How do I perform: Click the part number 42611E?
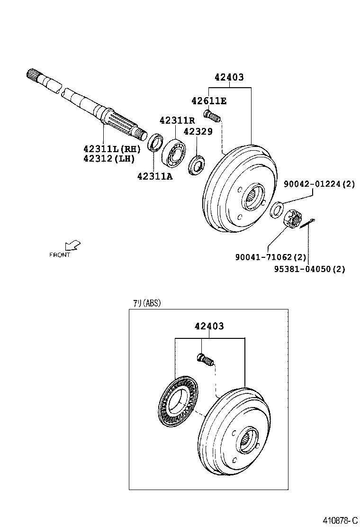[x=209, y=100]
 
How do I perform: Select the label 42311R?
[x=177, y=120]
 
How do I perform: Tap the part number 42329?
[x=198, y=132]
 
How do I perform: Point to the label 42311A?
[x=155, y=176]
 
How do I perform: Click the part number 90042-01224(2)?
[x=319, y=184]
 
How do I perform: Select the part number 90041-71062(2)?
[x=270, y=257]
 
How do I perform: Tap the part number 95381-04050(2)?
[x=309, y=269]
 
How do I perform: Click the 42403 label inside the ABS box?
[x=209, y=326]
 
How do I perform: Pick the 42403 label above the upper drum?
[x=229, y=77]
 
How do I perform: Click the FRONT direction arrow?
[x=73, y=245]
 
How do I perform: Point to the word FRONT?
[x=60, y=254]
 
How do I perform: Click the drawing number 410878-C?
[x=340, y=520]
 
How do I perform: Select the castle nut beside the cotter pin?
[x=292, y=219]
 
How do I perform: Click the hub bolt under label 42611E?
[x=212, y=115]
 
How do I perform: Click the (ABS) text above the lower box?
[x=152, y=303]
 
